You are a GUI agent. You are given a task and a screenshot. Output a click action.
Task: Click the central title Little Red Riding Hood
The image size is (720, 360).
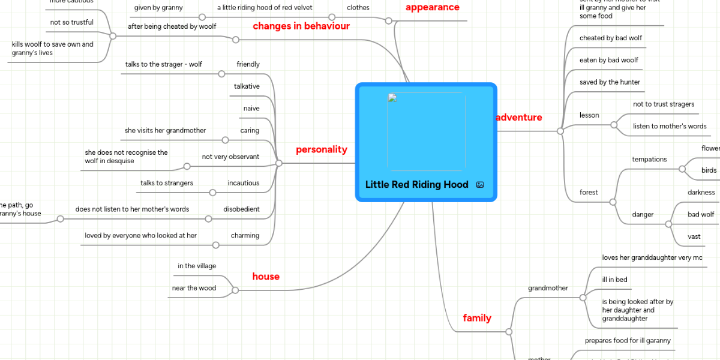coord(416,185)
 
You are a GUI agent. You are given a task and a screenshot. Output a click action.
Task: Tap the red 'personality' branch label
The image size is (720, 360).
coord(321,150)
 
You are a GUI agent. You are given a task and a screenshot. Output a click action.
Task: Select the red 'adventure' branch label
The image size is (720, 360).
coord(519,118)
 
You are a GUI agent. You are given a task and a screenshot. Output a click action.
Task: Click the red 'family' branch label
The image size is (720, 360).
coord(477,318)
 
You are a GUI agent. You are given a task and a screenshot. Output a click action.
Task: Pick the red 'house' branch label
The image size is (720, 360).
coord(266,277)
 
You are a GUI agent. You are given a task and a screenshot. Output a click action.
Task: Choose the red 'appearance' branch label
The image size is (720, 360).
coord(432,8)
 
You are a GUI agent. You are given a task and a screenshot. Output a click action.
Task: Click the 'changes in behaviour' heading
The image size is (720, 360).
coord(301,26)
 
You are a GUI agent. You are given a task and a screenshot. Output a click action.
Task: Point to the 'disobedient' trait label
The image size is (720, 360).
coord(241,209)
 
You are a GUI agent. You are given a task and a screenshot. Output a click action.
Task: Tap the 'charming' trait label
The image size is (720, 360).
coord(245,236)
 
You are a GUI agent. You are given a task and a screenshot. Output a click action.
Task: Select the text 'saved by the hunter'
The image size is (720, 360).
coord(610,82)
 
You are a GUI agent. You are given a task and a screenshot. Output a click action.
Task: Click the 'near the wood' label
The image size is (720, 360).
coord(194,288)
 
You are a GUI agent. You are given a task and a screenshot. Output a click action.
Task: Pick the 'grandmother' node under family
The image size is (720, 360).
coord(548,288)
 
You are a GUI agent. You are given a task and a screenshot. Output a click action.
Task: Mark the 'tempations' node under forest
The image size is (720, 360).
coord(649,160)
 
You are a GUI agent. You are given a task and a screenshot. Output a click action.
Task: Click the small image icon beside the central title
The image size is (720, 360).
coord(480,185)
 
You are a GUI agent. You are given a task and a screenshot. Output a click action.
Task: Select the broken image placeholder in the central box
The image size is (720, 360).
coord(426,131)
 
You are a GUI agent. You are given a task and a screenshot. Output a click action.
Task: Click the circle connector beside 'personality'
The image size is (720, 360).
coord(278,163)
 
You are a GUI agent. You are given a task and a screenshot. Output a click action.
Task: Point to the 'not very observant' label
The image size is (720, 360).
coord(230,157)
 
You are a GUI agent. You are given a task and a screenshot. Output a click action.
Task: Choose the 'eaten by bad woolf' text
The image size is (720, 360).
coord(608,60)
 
